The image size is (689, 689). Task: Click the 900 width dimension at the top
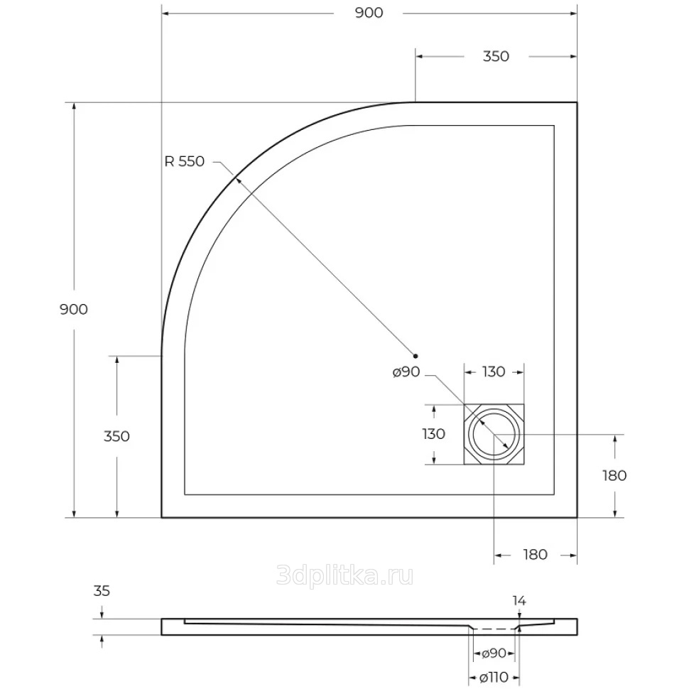click(369, 13)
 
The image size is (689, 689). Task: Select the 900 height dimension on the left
click(74, 310)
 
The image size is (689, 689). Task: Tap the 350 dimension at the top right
click(496, 56)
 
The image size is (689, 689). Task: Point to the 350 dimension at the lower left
click(117, 436)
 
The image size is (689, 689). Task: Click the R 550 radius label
click(185, 161)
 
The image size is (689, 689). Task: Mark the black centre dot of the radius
click(416, 356)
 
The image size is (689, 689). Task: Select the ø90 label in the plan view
click(406, 372)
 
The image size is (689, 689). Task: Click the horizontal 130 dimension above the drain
click(494, 372)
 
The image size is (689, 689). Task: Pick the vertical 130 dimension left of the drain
click(434, 434)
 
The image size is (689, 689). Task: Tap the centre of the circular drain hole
click(494, 434)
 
